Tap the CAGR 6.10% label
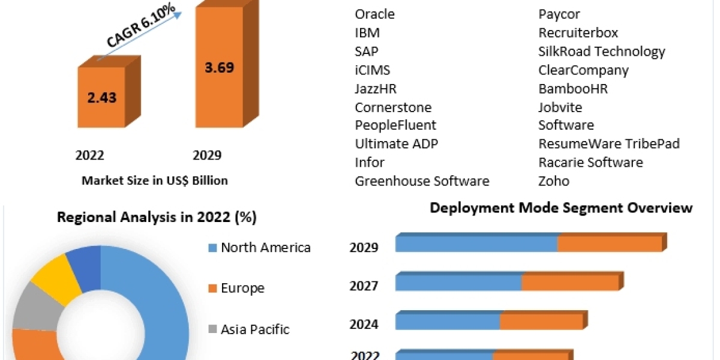[x=142, y=25]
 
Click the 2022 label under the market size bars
[x=89, y=155]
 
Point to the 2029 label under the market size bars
[x=207, y=155]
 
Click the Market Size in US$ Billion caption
[x=155, y=180]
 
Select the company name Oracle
[x=375, y=14]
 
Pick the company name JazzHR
[x=376, y=89]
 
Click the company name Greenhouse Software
[x=422, y=181]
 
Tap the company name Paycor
[x=559, y=14]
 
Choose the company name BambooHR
[x=573, y=89]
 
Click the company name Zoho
[x=554, y=181]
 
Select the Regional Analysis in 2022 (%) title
[x=157, y=217]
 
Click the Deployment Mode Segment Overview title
[x=561, y=208]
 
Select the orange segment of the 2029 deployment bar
[x=609, y=244]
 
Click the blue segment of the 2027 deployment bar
[x=458, y=283]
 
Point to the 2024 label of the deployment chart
[x=364, y=325]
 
